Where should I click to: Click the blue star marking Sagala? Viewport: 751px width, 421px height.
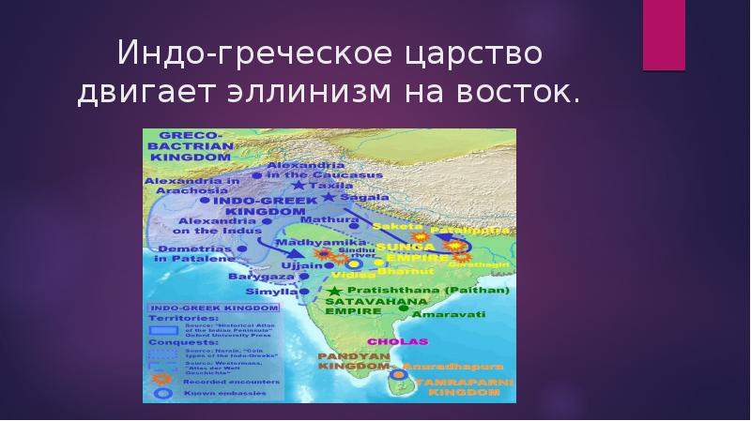[x=328, y=198]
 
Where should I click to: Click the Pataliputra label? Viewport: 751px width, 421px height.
[x=471, y=229]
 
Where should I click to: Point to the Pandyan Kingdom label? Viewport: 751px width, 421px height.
[x=347, y=362]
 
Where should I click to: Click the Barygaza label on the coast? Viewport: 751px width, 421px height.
[x=256, y=278]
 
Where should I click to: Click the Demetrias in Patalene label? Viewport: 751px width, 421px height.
[x=193, y=252]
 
